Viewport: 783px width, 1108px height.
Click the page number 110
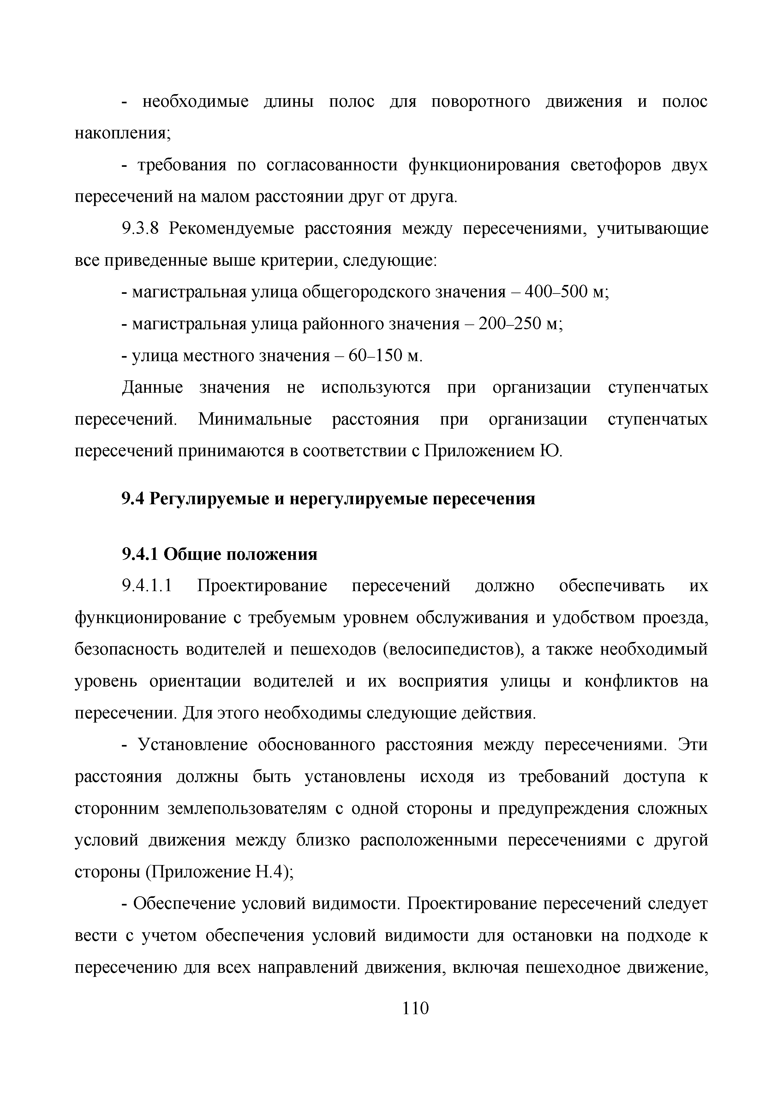point(415,1008)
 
